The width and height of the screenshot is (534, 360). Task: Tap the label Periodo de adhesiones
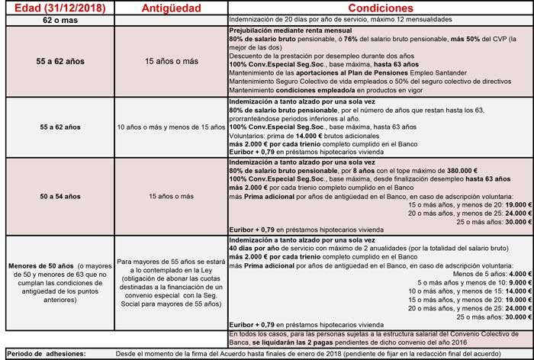44,354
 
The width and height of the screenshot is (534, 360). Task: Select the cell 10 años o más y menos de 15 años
170,126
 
